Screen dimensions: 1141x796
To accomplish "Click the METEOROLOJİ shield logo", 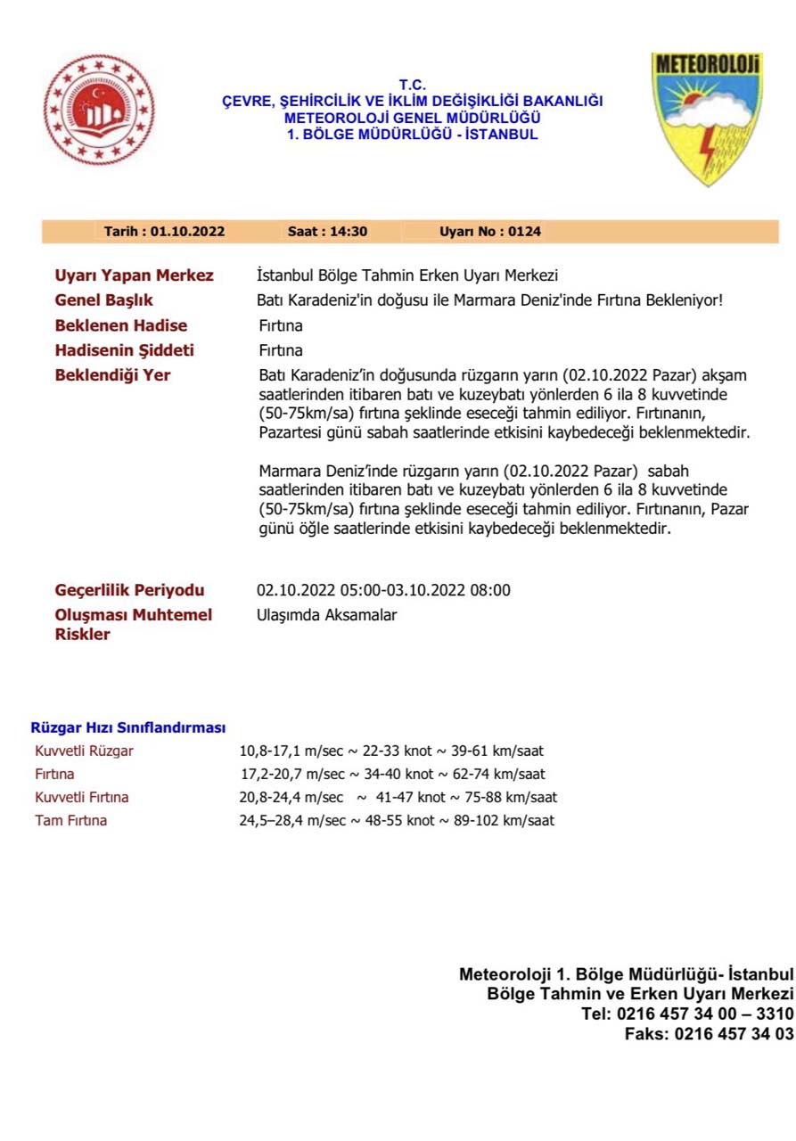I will point(707,116).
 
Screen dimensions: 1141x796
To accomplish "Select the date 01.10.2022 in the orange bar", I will point(187,232).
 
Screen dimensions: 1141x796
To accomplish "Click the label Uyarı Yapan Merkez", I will point(135,275).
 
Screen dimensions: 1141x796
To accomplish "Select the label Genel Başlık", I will point(104,300).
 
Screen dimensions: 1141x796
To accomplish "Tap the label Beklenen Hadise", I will point(121,325).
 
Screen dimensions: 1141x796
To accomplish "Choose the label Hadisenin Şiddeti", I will point(125,350).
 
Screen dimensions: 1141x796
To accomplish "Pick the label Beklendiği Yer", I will point(113,375).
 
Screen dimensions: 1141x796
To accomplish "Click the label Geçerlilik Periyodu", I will point(130,590).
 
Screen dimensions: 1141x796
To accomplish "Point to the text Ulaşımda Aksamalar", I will point(327,615).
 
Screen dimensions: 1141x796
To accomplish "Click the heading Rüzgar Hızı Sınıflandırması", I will point(128,728).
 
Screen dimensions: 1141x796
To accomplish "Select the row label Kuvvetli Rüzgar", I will point(85,751).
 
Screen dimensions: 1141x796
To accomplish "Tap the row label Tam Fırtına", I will point(71,820).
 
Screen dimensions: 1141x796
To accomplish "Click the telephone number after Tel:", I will point(704,1014).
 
